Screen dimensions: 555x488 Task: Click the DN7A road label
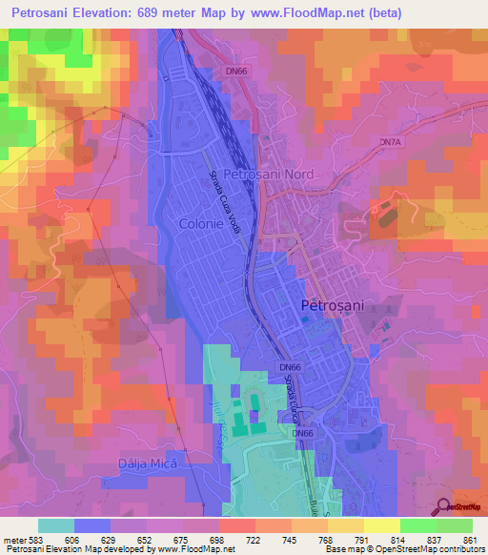(x=391, y=142)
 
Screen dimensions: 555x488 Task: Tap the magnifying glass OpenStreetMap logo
(x=444, y=507)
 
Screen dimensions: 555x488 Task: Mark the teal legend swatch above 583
(x=56, y=525)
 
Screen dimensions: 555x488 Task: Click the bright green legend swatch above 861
(x=455, y=525)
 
